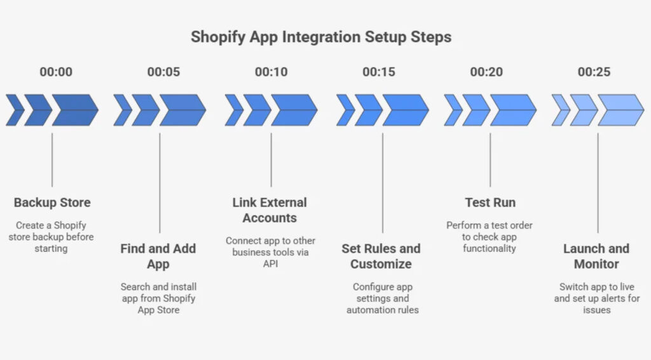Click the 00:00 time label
click(56, 72)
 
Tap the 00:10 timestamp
click(271, 72)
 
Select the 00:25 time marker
click(594, 72)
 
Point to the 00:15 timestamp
click(379, 72)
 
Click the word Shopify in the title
click(217, 37)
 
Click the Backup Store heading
click(52, 203)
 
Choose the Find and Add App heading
click(158, 256)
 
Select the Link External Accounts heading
click(270, 211)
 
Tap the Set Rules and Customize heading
click(381, 256)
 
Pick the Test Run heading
click(490, 203)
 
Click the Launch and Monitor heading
click(596, 256)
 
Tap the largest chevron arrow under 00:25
click(620, 110)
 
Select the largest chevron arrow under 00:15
click(405, 110)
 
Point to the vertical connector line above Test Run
click(490, 159)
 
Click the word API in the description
click(270, 263)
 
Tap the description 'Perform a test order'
click(490, 225)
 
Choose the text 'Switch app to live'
click(596, 287)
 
